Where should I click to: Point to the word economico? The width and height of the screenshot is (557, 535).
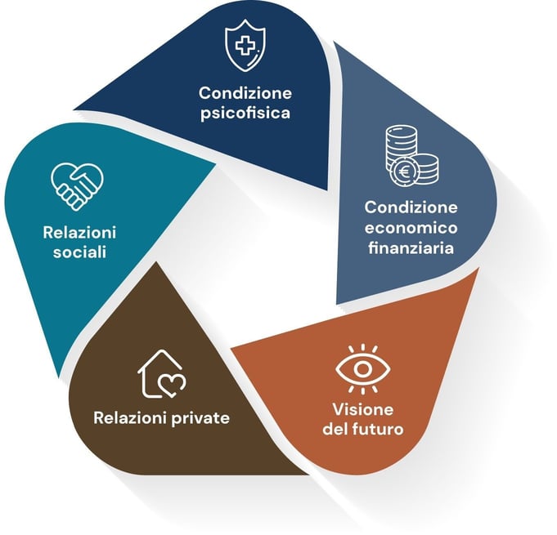411,225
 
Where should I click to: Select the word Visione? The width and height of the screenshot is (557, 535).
363,408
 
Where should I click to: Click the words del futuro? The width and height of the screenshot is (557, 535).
363,428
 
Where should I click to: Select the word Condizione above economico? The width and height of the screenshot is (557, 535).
411,206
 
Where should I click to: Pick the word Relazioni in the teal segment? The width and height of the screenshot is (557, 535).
77,232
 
